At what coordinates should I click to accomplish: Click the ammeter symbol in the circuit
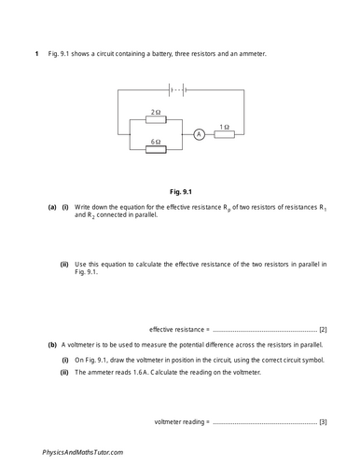(x=199, y=135)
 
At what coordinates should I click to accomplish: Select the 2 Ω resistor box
(x=156, y=122)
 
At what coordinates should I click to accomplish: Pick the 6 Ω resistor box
(x=156, y=147)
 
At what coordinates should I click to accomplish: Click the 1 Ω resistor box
(x=224, y=135)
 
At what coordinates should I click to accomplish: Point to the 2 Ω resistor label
(x=156, y=113)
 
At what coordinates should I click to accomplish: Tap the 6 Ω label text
(x=156, y=138)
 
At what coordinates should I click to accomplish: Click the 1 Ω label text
(x=224, y=126)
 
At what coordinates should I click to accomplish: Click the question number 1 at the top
(x=35, y=54)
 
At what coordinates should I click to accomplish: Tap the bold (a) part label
(x=52, y=206)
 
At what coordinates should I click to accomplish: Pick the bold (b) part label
(x=52, y=344)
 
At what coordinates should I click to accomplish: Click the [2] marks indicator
(x=323, y=329)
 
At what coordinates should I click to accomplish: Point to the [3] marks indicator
(x=323, y=422)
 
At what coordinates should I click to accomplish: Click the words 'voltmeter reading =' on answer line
(x=182, y=422)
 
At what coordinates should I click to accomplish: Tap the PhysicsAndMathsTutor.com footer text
(x=83, y=451)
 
